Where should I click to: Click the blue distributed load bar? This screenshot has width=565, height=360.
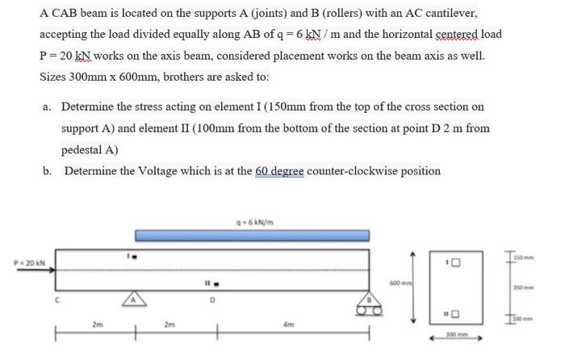click(x=252, y=235)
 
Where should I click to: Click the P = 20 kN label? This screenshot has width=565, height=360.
click(x=28, y=262)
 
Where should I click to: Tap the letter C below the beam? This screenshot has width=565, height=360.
click(x=57, y=301)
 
